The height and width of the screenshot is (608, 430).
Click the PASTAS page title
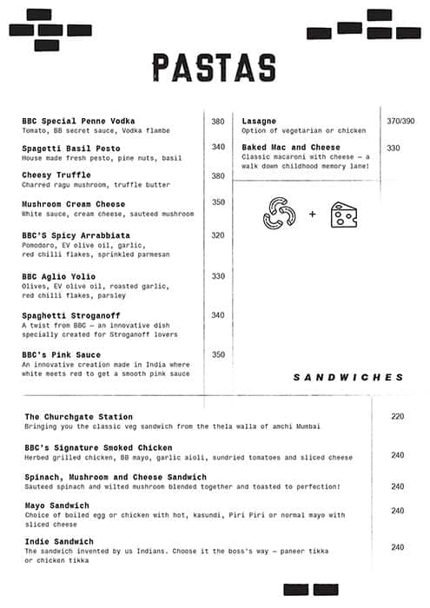pyautogui.click(x=214, y=68)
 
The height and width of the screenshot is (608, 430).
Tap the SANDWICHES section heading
pyautogui.click(x=348, y=378)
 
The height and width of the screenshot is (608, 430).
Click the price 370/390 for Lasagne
pyautogui.click(x=400, y=121)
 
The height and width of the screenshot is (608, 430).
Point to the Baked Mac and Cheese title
pyautogui.click(x=291, y=148)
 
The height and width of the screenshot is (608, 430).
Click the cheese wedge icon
pyautogui.click(x=344, y=214)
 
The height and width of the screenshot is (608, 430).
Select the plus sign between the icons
pyautogui.click(x=312, y=214)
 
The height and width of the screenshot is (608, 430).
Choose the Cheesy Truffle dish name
pyautogui.click(x=56, y=175)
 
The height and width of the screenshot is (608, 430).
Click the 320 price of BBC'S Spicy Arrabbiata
pyautogui.click(x=218, y=235)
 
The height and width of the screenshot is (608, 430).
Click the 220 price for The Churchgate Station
pyautogui.click(x=398, y=417)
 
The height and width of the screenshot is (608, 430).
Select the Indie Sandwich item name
pyautogui.click(x=59, y=541)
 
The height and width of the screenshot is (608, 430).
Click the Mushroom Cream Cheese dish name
pyautogui.click(x=74, y=204)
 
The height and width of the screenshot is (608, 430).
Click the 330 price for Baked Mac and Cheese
pyautogui.click(x=394, y=149)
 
